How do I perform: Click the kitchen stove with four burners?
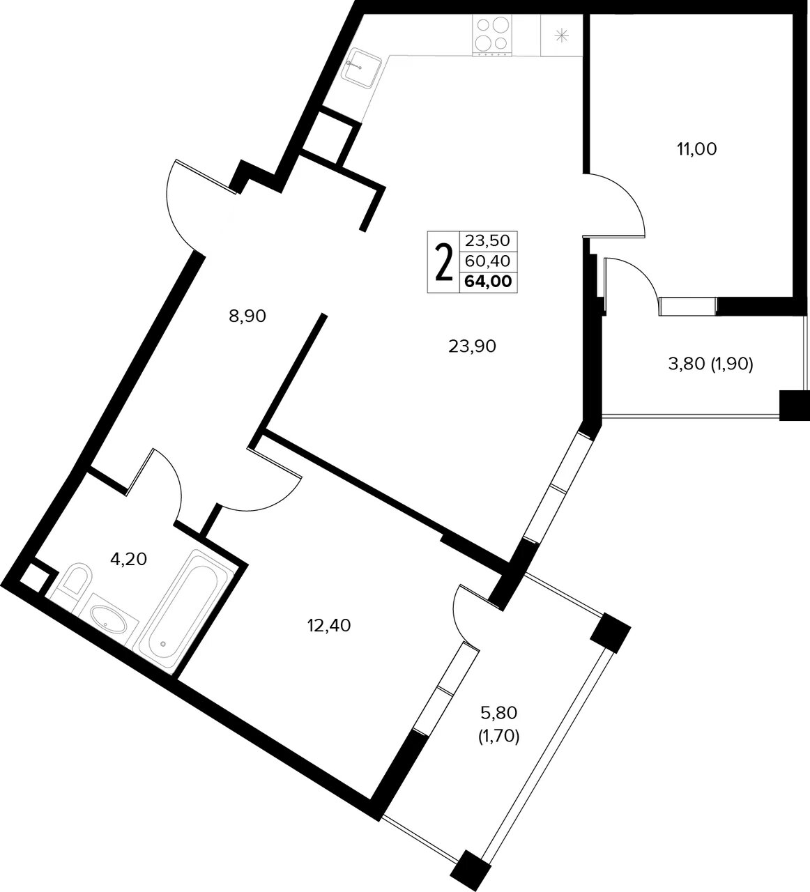click(491, 35)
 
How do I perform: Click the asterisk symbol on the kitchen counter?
click(563, 35)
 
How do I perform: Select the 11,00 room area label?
click(697, 149)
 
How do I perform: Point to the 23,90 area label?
click(472, 346)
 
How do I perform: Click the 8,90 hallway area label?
click(247, 316)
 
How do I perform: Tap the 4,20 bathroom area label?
click(128, 559)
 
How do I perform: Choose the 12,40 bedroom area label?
click(329, 626)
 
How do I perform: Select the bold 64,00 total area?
click(489, 282)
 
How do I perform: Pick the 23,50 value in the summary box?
click(487, 240)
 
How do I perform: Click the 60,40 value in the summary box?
click(487, 261)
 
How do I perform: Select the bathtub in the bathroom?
click(185, 613)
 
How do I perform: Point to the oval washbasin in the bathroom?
click(109, 620)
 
